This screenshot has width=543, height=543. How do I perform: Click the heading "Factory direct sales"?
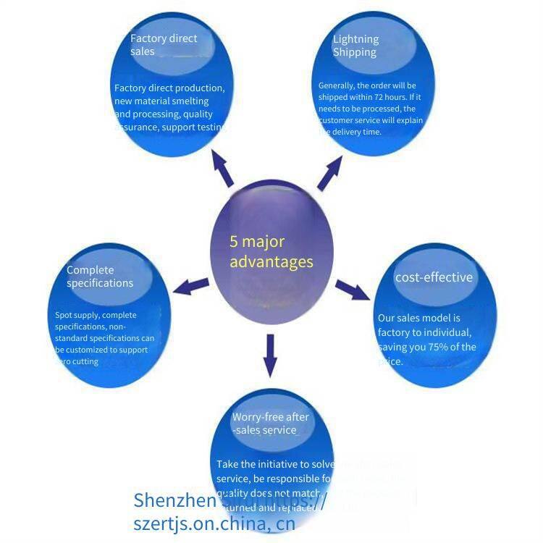click(164, 45)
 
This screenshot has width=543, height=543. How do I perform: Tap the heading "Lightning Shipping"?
click(355, 46)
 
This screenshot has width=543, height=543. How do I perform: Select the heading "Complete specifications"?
click(100, 277)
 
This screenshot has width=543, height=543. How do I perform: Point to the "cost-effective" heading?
click(434, 277)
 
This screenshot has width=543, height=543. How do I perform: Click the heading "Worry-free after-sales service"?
click(270, 424)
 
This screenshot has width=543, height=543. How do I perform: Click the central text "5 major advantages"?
click(271, 251)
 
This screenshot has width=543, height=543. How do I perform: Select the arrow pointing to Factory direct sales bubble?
click(222, 169)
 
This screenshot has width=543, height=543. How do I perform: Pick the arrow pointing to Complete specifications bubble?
click(191, 285)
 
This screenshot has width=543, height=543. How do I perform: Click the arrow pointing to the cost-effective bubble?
click(352, 290)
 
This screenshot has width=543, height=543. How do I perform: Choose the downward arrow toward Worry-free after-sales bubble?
click(271, 355)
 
